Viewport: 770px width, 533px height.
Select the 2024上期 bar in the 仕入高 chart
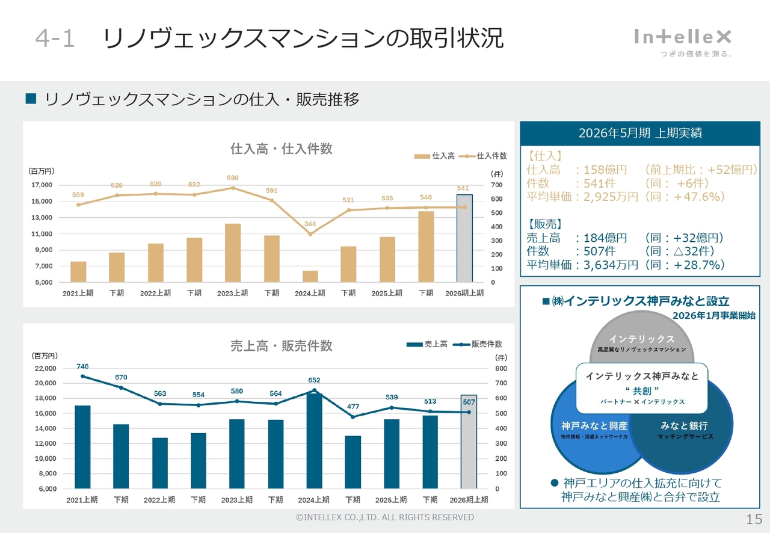click(x=310, y=276)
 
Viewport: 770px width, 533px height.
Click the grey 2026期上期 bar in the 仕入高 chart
click(x=464, y=238)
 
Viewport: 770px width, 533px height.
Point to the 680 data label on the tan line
click(x=232, y=178)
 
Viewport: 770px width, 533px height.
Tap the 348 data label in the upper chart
click(x=310, y=224)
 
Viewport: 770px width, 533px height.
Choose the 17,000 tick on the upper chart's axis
click(x=42, y=185)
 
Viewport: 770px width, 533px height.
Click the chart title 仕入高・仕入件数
click(x=282, y=149)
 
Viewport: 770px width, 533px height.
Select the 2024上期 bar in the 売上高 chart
click(x=314, y=440)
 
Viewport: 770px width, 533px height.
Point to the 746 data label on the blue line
click(x=82, y=366)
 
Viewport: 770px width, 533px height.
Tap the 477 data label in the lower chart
click(x=353, y=407)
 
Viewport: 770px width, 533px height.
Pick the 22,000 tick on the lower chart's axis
click(x=43, y=368)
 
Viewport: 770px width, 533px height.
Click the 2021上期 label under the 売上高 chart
click(x=82, y=500)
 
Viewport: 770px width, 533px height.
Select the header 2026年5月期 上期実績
click(x=640, y=133)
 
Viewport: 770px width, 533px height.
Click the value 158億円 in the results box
click(x=602, y=170)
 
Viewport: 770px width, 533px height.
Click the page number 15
click(x=754, y=519)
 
